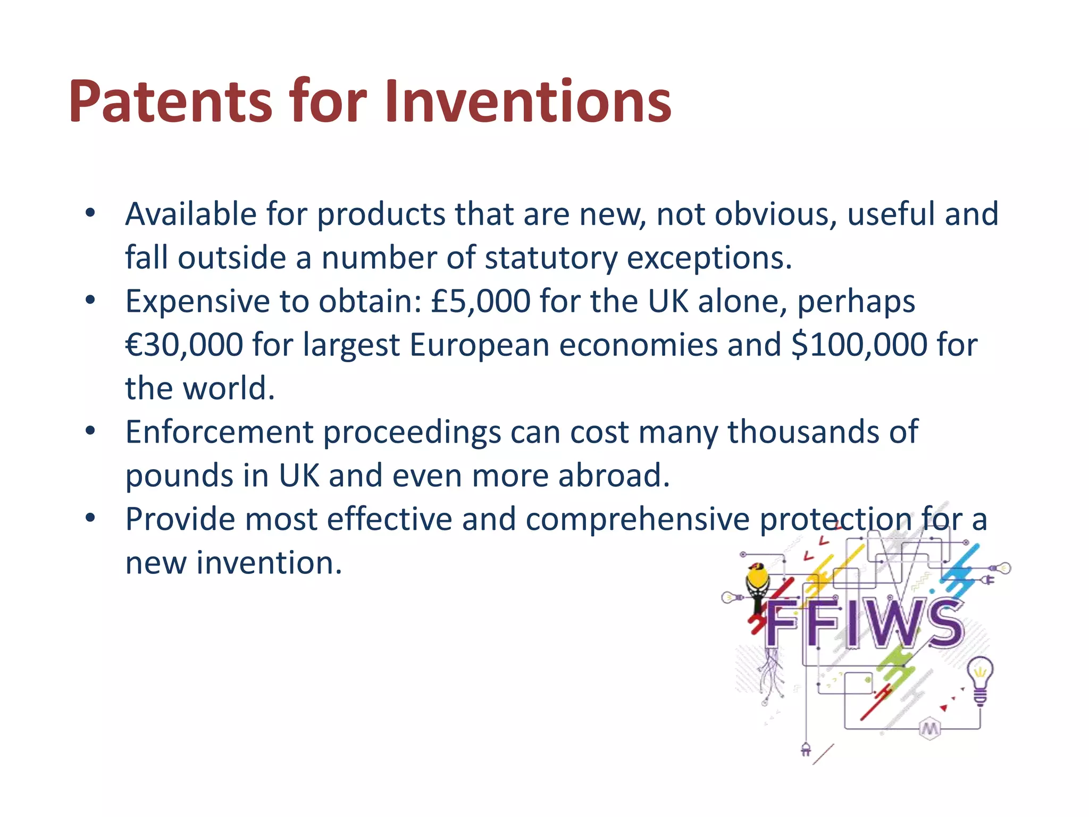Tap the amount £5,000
pyautogui.click(x=480, y=301)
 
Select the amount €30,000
pyautogui.click(x=184, y=345)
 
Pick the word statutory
pyautogui.click(x=551, y=258)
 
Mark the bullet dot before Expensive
pyautogui.click(x=90, y=300)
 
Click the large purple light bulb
pyautogui.click(x=980, y=678)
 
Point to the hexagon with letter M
pyautogui.click(x=929, y=729)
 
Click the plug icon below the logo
pyautogui.click(x=806, y=749)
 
